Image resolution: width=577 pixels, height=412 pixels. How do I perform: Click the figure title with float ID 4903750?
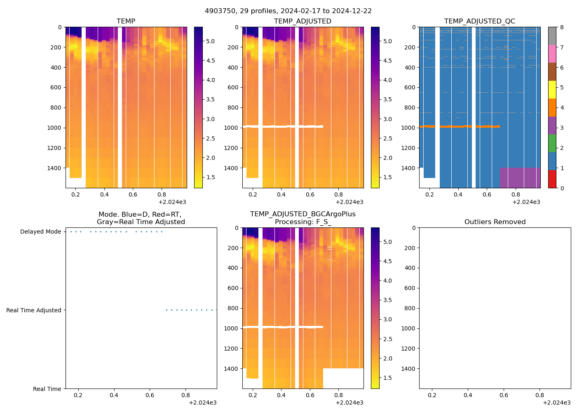tap(288, 11)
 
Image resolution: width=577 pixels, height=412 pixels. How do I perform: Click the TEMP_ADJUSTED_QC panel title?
tap(479, 21)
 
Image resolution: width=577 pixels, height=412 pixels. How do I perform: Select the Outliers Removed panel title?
tap(495, 222)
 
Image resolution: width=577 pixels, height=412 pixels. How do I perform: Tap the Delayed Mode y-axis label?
tap(40, 232)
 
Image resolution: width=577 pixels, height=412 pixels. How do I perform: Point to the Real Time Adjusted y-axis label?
tap(33, 310)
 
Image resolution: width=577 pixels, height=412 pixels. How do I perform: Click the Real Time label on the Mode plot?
tap(47, 389)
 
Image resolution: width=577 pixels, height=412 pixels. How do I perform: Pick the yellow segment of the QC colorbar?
tap(552, 89)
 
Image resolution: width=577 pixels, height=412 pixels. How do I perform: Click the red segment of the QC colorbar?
tap(552, 179)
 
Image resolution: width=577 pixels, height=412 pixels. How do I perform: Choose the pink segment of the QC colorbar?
tap(552, 54)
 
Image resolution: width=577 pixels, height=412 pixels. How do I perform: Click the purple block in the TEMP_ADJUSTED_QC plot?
tap(520, 178)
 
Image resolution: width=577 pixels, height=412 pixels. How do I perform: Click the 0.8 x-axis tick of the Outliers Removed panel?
tap(539, 395)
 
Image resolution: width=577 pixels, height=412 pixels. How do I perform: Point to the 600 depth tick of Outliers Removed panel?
tap(410, 288)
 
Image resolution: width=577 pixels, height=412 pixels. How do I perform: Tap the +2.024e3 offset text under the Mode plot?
tap(202, 403)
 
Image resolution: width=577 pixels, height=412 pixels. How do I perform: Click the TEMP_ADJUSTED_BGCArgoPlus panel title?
tap(303, 218)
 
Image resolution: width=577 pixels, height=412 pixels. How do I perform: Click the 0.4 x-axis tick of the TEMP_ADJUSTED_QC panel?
tap(458, 194)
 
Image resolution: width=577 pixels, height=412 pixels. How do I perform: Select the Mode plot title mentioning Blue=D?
tap(141, 218)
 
